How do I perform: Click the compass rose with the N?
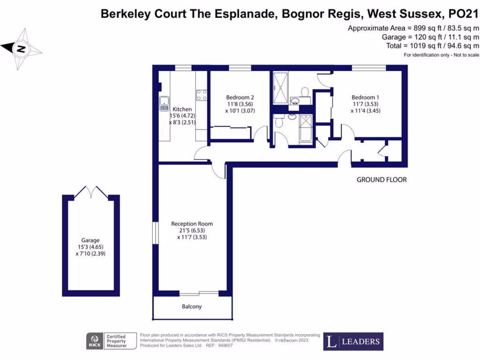pos(22,48)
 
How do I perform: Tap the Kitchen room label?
pos(182,109)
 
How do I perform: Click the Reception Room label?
pos(192,224)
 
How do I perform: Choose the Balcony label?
pos(192,307)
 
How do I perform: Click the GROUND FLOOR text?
pos(382,180)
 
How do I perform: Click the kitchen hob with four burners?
pos(202,95)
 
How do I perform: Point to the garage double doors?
pos(91,192)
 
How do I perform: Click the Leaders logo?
pos(353,341)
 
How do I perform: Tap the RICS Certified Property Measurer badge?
pos(111,341)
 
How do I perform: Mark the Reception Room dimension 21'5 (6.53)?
pos(192,231)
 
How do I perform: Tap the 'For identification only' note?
pos(442,55)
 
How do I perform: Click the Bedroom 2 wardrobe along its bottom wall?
pos(229,133)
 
